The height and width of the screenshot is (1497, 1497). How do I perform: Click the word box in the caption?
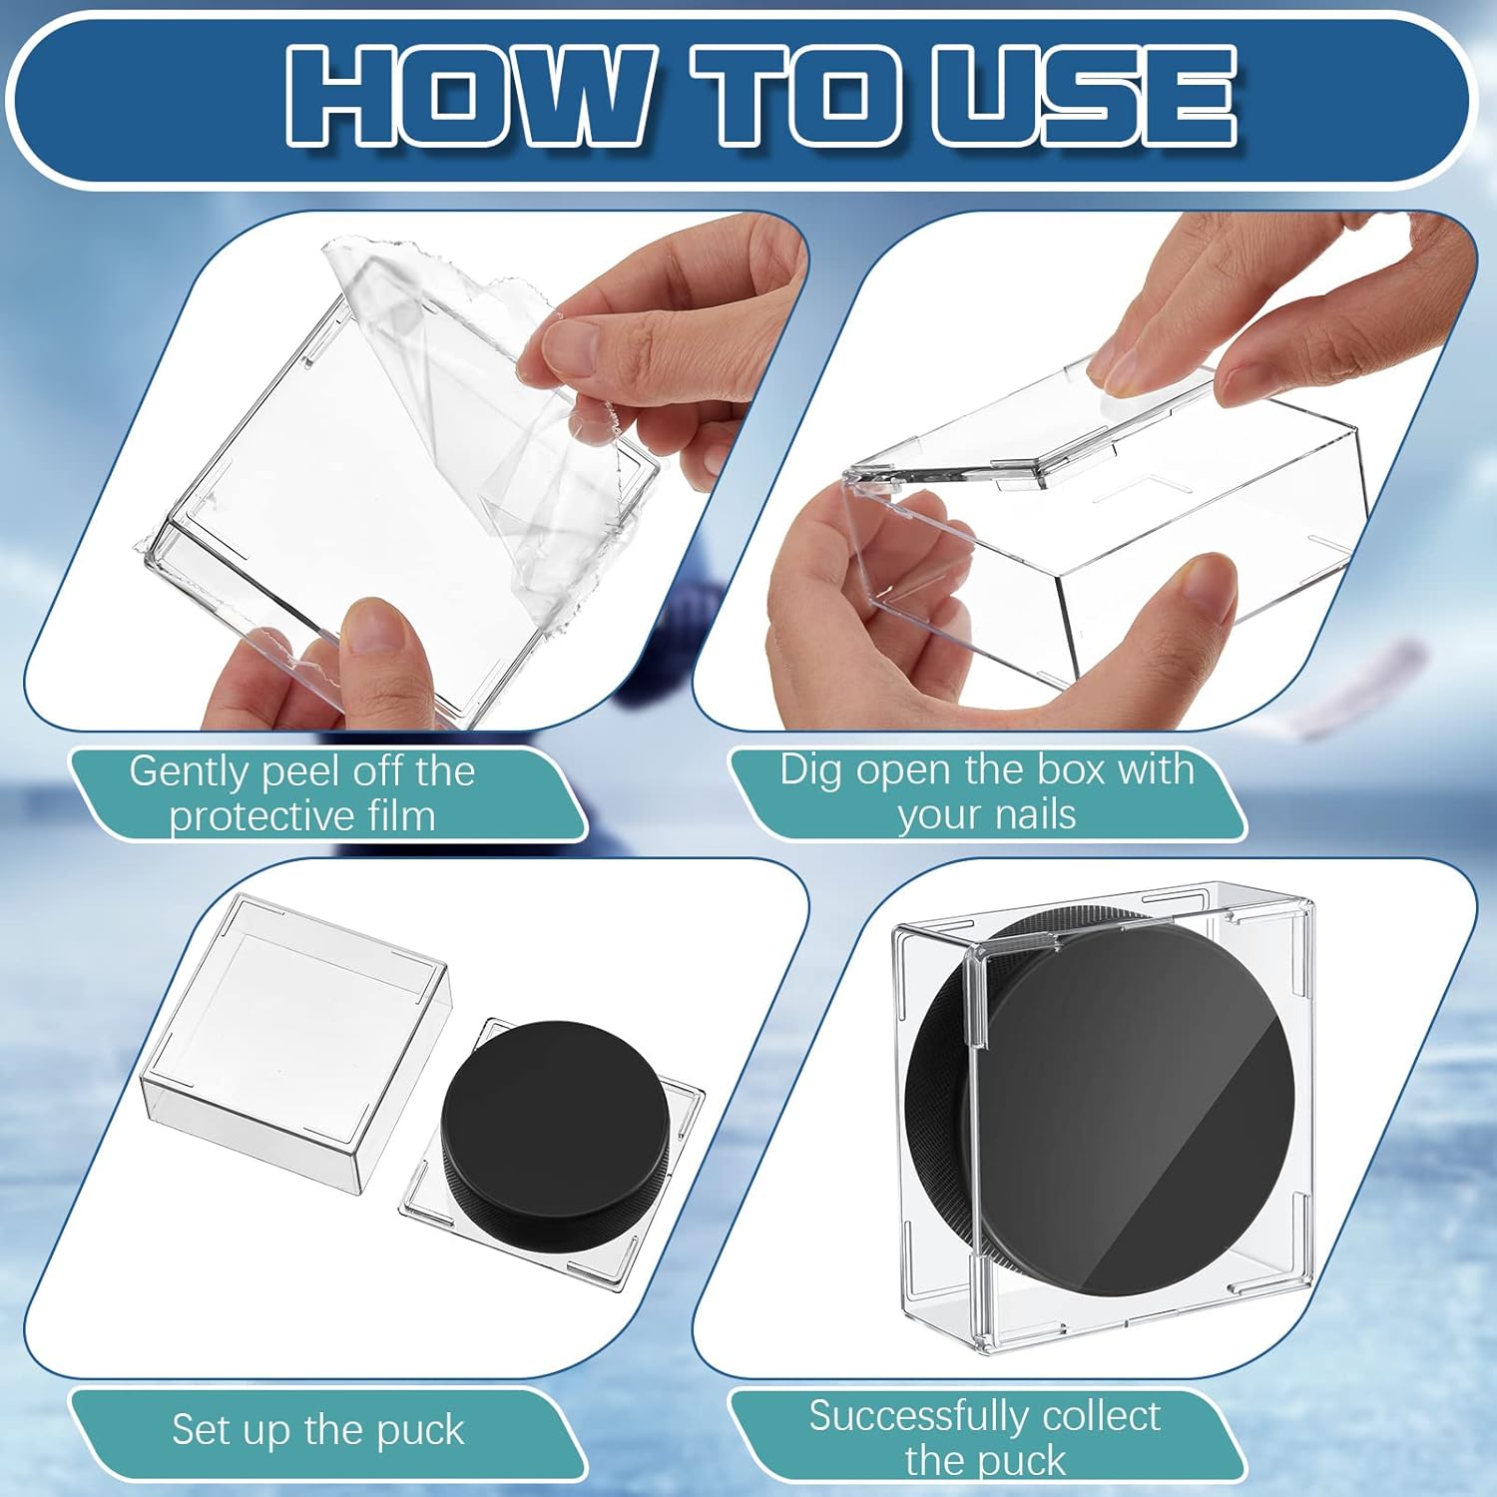[x=1072, y=770]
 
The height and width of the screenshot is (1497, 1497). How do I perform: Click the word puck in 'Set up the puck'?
[x=420, y=1430]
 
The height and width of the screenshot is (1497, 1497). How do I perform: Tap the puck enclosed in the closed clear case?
[x=1108, y=1108]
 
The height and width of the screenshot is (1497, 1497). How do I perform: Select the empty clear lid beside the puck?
[x=294, y=1038]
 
